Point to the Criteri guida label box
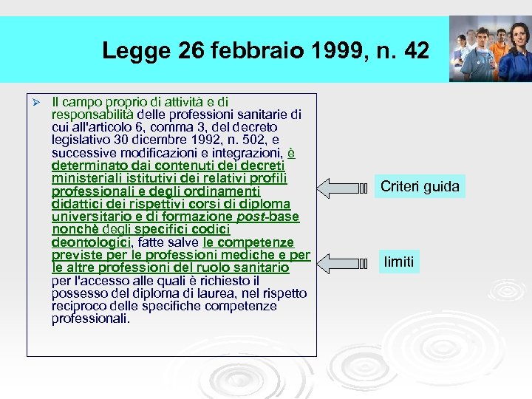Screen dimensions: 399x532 [420, 186]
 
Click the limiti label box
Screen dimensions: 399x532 [399, 261]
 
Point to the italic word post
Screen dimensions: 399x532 [251, 216]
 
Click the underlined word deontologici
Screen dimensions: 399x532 [91, 242]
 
